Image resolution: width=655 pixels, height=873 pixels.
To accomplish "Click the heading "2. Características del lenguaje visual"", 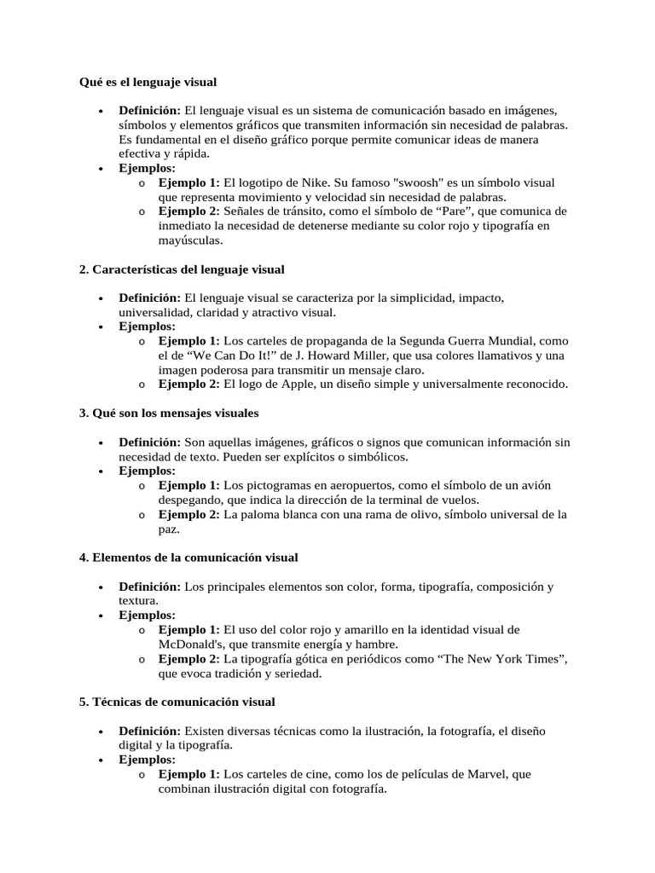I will tap(181, 269).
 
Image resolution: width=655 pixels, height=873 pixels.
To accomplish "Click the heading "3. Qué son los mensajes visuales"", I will tap(169, 413).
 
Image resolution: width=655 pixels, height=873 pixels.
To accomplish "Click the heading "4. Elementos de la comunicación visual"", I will tap(188, 558).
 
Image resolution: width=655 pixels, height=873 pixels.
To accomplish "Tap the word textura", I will tap(139, 601).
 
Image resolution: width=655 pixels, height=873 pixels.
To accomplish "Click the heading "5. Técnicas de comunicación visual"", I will tap(177, 702).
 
